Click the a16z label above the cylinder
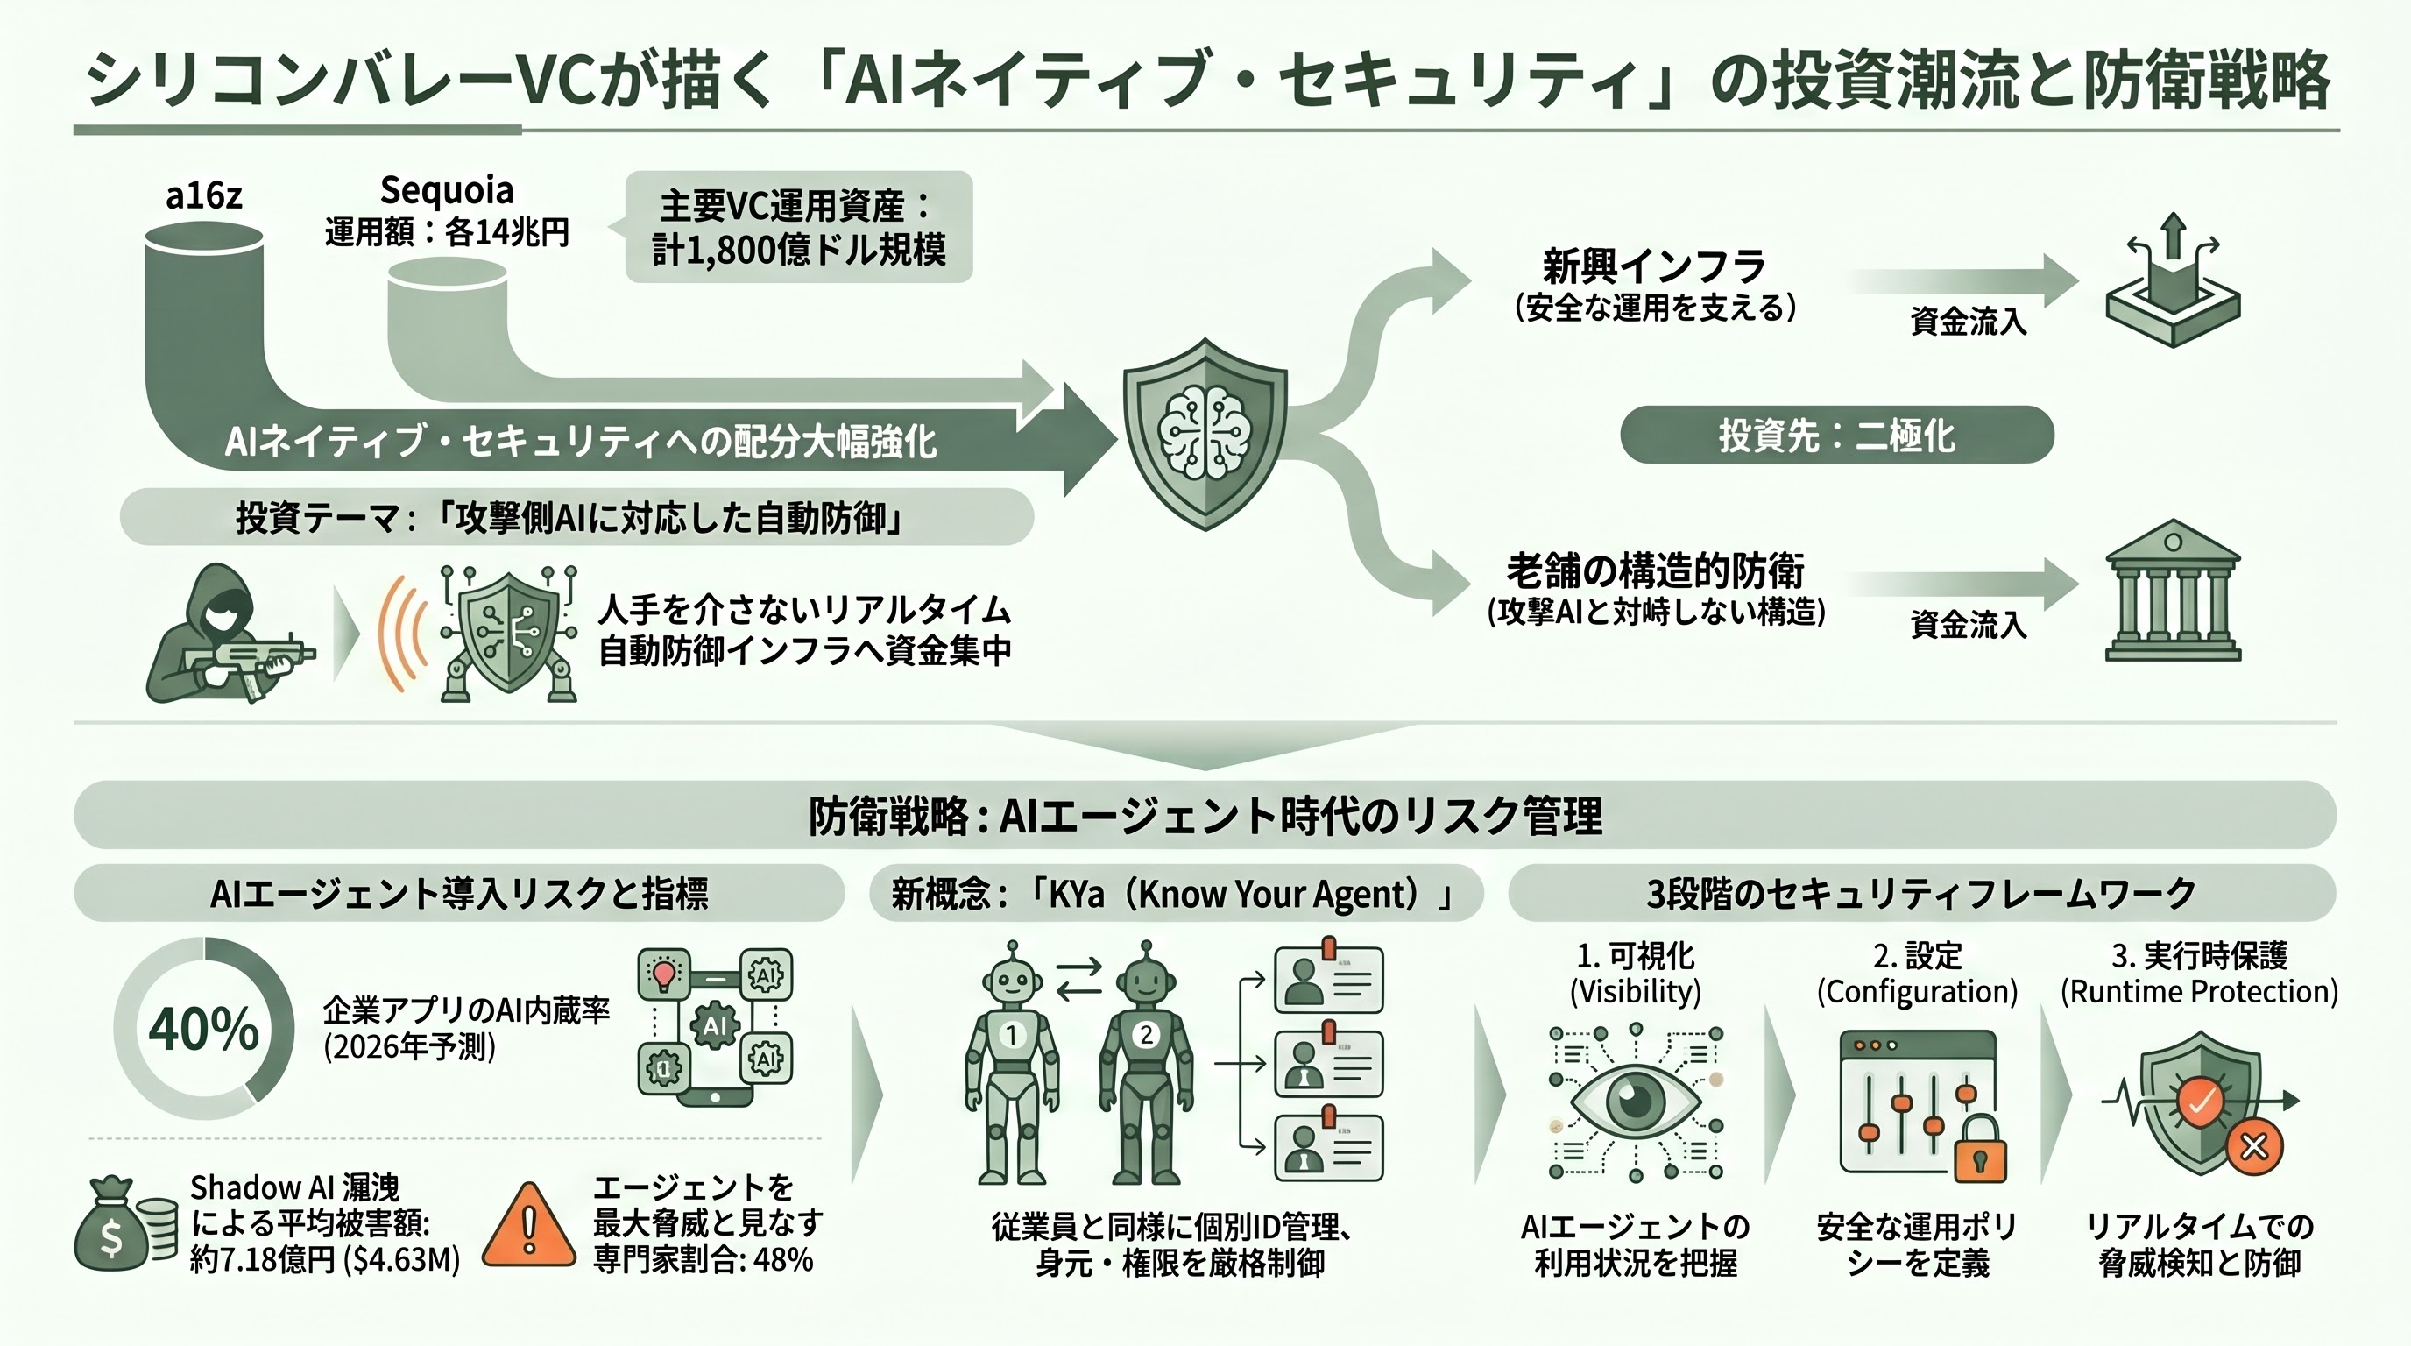204,195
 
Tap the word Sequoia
447,190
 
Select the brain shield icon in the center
1205,434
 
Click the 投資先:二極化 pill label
1836,436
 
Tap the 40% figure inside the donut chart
203,1029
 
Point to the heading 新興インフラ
1655,266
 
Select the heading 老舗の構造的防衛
1655,570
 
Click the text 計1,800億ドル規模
798,250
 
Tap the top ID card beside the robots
1329,979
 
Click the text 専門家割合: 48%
702,1260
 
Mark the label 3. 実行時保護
2200,956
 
